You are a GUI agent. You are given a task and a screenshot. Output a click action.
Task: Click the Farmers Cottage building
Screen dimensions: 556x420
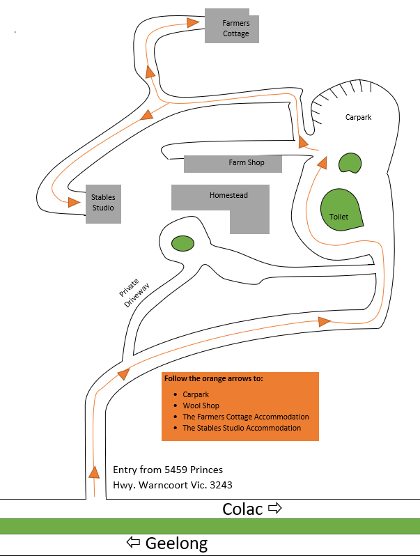232,27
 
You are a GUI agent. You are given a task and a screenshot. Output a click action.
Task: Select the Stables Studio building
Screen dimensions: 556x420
103,203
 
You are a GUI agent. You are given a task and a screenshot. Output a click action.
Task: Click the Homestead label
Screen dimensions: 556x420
228,196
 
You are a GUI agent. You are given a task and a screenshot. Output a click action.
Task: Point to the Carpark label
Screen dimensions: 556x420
359,117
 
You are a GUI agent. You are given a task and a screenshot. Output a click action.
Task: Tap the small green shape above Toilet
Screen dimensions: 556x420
350,164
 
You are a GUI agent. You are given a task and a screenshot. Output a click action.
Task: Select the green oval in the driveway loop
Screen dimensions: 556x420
182,243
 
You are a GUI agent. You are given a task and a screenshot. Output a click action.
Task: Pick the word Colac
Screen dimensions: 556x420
243,509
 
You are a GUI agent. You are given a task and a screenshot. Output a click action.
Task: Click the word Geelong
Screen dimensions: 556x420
176,543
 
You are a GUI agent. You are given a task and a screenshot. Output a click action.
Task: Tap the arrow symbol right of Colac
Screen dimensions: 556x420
275,509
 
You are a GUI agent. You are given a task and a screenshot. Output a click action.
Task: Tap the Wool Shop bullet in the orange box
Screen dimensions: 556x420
201,406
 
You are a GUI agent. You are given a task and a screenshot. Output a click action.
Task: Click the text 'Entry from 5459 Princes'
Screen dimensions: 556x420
168,470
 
